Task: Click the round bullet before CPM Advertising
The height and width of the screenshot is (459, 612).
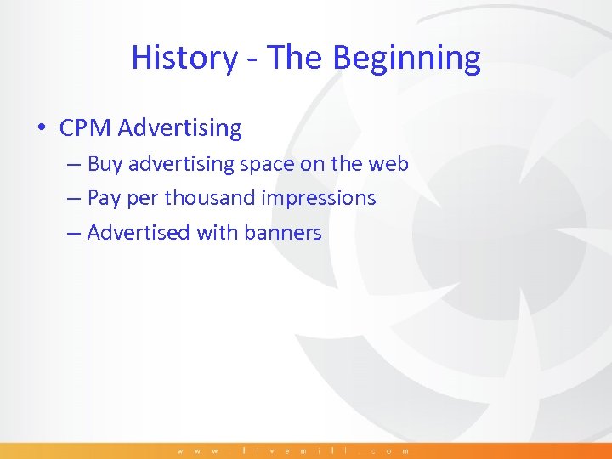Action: (41, 129)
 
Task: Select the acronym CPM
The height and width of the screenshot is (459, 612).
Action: (86, 128)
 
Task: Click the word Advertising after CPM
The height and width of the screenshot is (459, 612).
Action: (180, 128)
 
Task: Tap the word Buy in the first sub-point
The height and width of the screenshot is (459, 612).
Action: (105, 163)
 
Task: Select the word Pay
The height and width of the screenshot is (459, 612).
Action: (104, 198)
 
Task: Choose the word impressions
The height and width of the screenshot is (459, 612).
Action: (319, 198)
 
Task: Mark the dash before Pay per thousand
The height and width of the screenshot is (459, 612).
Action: (75, 199)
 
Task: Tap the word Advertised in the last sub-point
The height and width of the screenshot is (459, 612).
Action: (139, 232)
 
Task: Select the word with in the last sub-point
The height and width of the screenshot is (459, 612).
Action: (217, 232)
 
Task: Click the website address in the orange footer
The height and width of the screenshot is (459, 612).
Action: (293, 450)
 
